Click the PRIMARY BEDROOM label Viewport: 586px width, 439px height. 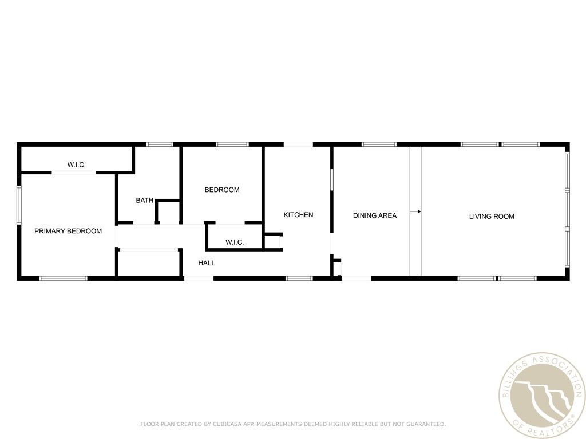[68, 231]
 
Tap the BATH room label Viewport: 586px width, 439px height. [144, 201]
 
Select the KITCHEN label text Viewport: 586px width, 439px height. [298, 215]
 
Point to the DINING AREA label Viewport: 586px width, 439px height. [374, 215]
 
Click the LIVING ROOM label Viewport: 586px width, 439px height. [492, 216]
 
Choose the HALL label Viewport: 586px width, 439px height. [207, 263]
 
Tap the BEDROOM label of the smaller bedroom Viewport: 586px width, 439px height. [222, 190]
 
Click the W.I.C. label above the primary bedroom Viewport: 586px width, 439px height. [76, 165]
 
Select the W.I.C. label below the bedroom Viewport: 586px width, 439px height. [235, 242]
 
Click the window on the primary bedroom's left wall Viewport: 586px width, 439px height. [19, 204]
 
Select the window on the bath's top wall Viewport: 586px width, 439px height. [160, 145]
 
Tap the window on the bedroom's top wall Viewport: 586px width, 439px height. [232, 145]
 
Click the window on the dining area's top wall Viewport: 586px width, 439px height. [379, 145]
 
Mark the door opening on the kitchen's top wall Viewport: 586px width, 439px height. [298, 145]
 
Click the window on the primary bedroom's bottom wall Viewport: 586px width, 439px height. [63, 278]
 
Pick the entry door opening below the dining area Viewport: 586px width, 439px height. [356, 278]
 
